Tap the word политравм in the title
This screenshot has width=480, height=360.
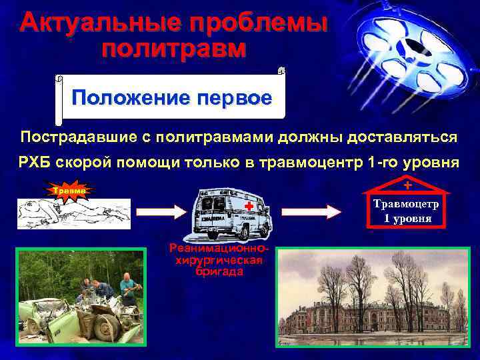coord(175,49)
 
